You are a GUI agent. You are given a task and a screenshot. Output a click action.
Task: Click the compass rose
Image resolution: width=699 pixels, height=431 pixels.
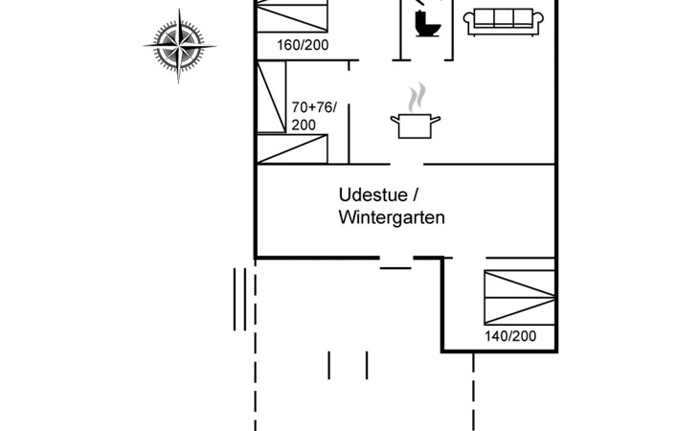coord(178,45)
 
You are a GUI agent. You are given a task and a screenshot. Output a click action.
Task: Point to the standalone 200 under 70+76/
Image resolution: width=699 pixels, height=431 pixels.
coord(303,125)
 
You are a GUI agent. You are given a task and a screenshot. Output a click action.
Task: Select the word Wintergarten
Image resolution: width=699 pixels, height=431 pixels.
coord(392,217)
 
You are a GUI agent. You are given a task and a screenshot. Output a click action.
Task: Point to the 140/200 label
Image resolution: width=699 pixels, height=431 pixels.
coord(510,335)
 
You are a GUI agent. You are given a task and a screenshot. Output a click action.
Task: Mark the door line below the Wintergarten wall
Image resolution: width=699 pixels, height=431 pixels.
coord(395,267)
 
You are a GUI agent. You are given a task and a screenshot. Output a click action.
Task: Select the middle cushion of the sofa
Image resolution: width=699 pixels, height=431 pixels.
coord(506,18)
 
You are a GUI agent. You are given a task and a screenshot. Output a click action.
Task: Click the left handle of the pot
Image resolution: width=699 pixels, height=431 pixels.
coord(394,120)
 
